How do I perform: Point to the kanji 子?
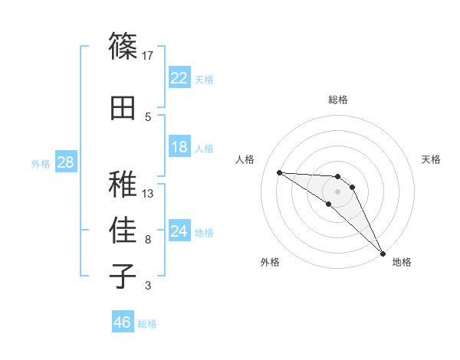coord(123,277)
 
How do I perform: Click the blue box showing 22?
coord(179,78)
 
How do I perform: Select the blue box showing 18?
coord(179,147)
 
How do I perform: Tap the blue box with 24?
coord(179,231)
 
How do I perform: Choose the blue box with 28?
coord(65,162)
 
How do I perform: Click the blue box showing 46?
coord(123,322)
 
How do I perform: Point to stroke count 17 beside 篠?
coord(148,55)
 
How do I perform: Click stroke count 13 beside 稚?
coord(148,193)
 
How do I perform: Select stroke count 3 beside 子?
coord(148,286)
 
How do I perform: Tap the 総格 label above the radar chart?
coord(337,100)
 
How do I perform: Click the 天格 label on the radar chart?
coord(431,159)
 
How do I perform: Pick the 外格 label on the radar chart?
coord(270,262)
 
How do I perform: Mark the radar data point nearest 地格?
coord(383,253)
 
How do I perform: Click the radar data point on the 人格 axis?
coord(279,172)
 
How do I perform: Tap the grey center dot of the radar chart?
coord(337,191)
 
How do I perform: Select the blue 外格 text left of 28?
coord(40,163)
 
